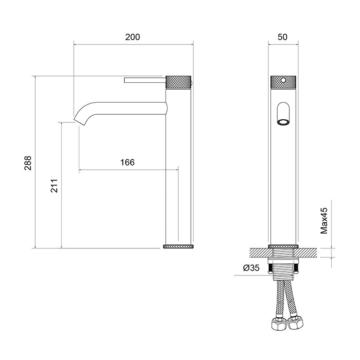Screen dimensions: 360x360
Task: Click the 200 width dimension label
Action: pyautogui.click(x=132, y=37)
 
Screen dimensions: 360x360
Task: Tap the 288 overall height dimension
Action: pyautogui.click(x=28, y=163)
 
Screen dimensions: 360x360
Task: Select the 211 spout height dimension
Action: pyautogui.click(x=54, y=186)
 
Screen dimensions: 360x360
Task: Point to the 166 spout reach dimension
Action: pyautogui.click(x=127, y=162)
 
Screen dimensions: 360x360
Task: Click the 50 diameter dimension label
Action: pyautogui.click(x=283, y=37)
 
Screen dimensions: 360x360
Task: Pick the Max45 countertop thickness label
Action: pyautogui.click(x=324, y=221)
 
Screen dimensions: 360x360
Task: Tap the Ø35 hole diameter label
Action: pyautogui.click(x=252, y=268)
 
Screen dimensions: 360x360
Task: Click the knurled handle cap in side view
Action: pyautogui.click(x=178, y=82)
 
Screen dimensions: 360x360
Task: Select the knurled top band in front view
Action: pyautogui.click(x=283, y=82)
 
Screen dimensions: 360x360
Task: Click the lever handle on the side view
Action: pyautogui.click(x=145, y=80)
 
